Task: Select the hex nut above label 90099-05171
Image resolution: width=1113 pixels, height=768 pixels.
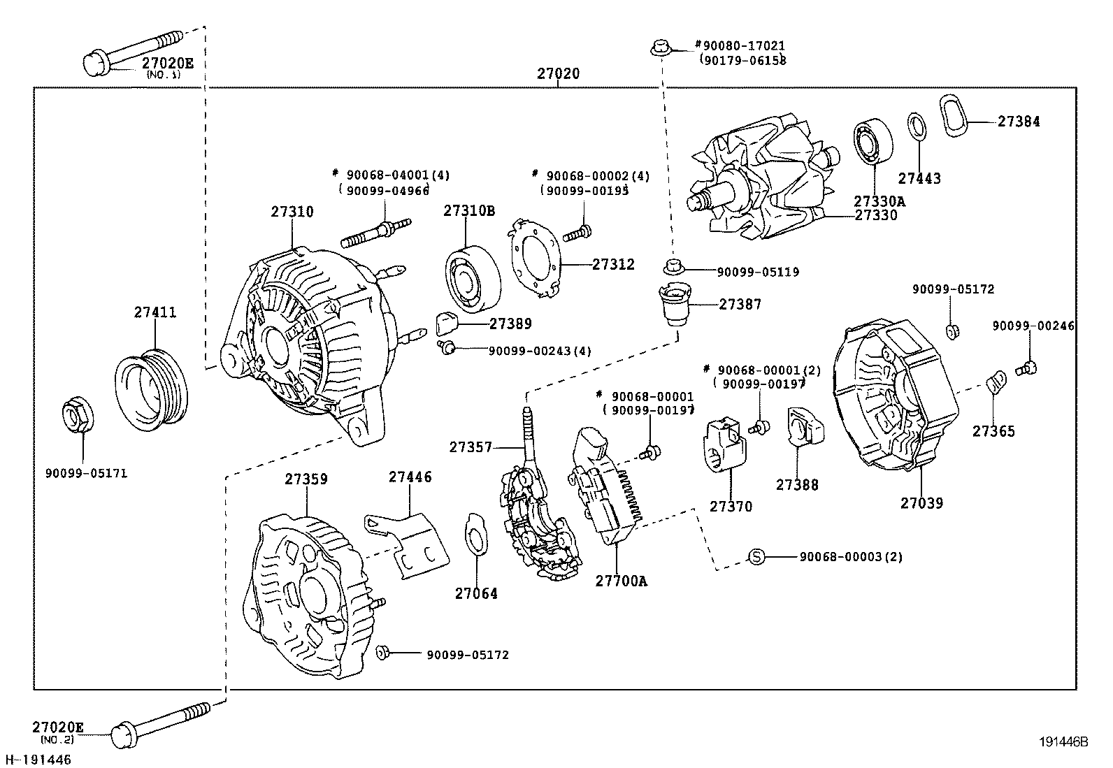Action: [77, 414]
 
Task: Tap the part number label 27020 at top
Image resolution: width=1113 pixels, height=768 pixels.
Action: [558, 73]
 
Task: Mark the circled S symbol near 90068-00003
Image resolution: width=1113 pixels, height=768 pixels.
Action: [756, 557]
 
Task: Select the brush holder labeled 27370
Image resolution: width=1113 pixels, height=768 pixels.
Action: [721, 445]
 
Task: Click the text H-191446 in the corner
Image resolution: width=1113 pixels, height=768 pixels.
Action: [38, 759]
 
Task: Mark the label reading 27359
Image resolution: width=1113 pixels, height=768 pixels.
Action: [306, 479]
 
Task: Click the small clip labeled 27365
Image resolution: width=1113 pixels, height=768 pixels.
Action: [996, 384]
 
